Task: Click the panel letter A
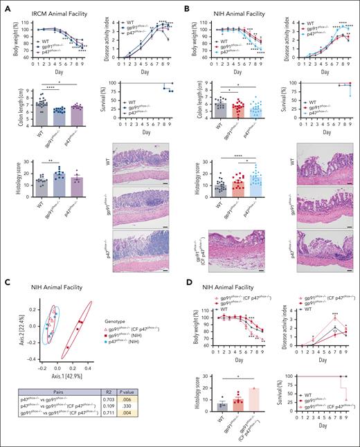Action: [x=6, y=6]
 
